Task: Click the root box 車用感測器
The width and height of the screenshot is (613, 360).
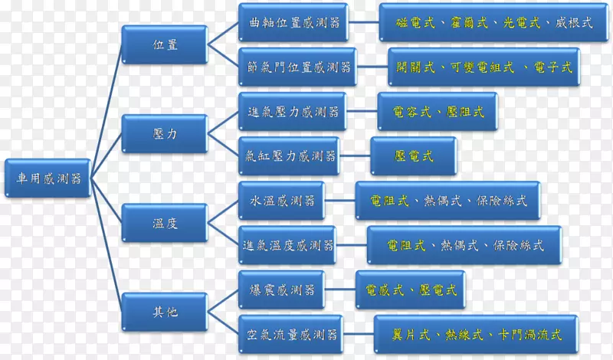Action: [x=48, y=178]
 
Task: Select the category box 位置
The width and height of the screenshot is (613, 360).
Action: [x=164, y=44]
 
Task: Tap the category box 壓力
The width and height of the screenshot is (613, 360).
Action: [x=164, y=133]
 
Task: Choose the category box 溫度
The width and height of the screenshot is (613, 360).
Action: [x=164, y=223]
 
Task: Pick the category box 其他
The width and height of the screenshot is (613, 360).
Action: [x=164, y=311]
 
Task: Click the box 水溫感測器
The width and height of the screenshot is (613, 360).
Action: [x=282, y=201]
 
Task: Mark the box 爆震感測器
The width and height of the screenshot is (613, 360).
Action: [x=282, y=290]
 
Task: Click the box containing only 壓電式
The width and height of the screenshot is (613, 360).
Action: [x=414, y=156]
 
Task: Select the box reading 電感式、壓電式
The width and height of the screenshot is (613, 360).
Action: [x=411, y=290]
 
